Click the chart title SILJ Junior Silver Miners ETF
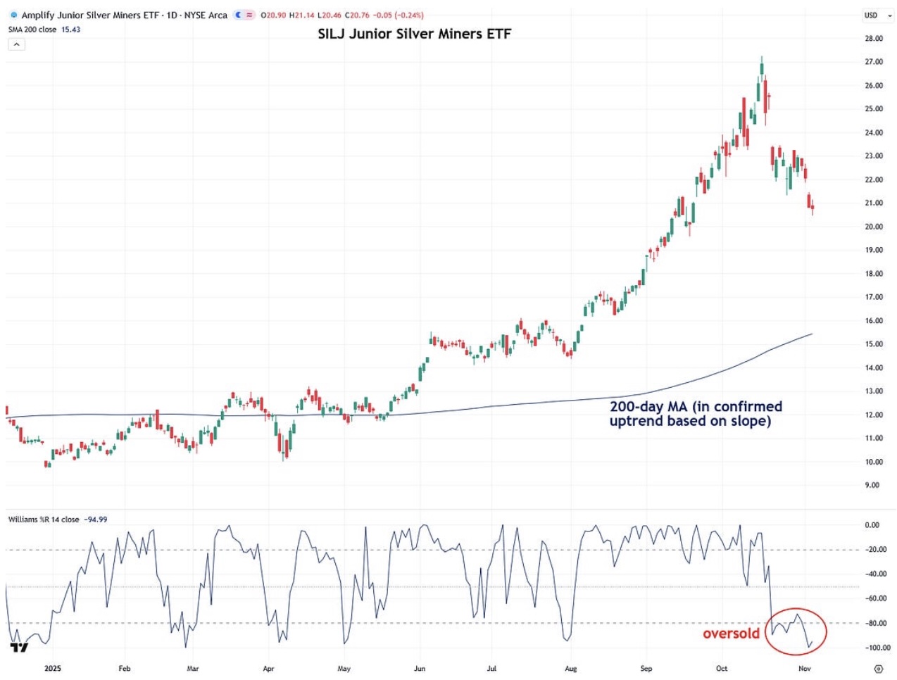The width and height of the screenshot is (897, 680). (x=414, y=34)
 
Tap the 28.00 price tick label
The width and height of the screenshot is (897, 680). (x=873, y=39)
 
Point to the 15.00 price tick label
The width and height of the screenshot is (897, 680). (x=873, y=344)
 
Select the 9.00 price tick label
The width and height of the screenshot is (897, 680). (x=872, y=485)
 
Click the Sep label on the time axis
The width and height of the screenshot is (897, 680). (x=646, y=668)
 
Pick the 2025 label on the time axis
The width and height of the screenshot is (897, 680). (x=53, y=668)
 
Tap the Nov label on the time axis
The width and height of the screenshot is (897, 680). (x=804, y=668)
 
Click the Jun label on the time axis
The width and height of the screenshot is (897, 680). (x=420, y=668)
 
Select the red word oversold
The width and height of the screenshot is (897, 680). (x=731, y=634)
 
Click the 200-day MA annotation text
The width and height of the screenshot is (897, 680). (x=696, y=414)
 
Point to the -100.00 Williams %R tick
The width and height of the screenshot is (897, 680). (x=877, y=648)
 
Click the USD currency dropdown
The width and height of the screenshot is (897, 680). (x=877, y=15)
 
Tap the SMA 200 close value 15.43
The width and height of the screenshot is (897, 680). (x=71, y=30)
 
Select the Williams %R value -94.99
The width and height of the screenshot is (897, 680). (x=96, y=520)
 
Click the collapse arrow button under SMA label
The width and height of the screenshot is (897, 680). (x=16, y=44)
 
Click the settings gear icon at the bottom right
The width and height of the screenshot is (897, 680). (x=878, y=668)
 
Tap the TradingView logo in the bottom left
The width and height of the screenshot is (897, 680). (x=19, y=647)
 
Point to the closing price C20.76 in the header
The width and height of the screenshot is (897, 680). (x=357, y=15)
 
